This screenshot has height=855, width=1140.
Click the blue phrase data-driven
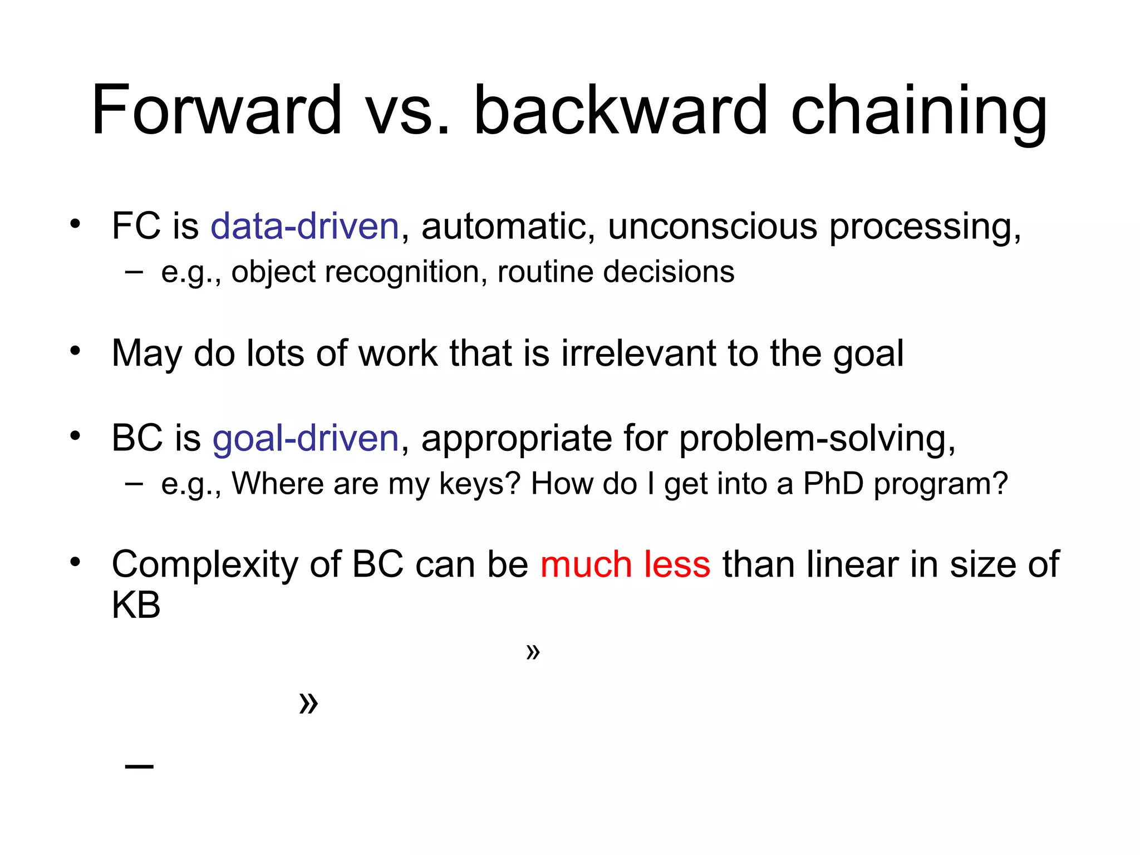pyautogui.click(x=304, y=227)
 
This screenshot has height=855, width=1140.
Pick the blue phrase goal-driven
pyautogui.click(x=306, y=438)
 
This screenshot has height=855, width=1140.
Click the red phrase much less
pyautogui.click(x=625, y=564)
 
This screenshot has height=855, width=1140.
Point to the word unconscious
pyautogui.click(x=712, y=227)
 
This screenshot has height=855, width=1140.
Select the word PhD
pyautogui.click(x=832, y=483)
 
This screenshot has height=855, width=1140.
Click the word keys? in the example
pyautogui.click(x=479, y=483)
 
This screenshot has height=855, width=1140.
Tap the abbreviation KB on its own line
pyautogui.click(x=136, y=605)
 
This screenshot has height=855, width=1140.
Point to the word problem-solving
pyautogui.click(x=817, y=438)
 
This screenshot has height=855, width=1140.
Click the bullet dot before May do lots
pyautogui.click(x=75, y=351)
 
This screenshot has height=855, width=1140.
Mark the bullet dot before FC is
pyautogui.click(x=75, y=224)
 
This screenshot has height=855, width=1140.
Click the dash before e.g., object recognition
pyautogui.click(x=134, y=272)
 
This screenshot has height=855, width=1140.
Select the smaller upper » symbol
pyautogui.click(x=533, y=651)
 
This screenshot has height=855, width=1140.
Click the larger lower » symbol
pyautogui.click(x=308, y=703)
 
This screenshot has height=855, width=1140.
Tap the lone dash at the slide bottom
pyautogui.click(x=139, y=767)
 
